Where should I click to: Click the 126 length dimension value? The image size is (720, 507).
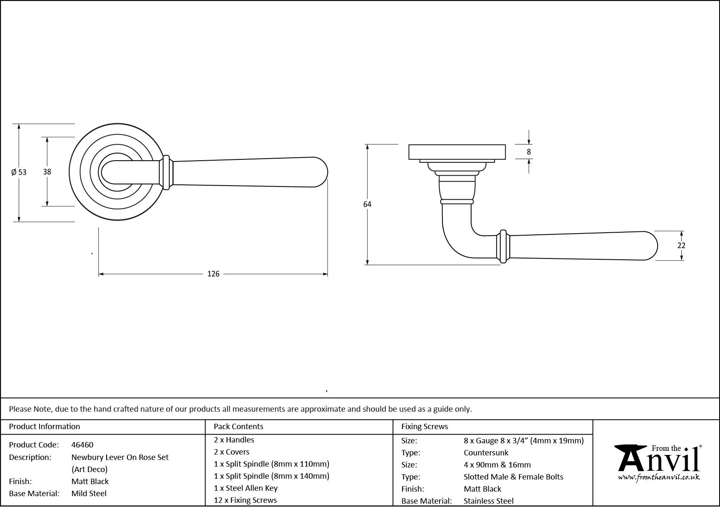tap(213, 274)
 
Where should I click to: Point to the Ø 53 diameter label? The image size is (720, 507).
tap(19, 172)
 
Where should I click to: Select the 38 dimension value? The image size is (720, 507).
tap(47, 171)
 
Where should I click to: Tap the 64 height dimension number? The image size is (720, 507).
tap(367, 204)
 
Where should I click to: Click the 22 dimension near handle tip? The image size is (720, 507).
tap(681, 246)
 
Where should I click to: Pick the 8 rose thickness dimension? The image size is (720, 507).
tap(529, 152)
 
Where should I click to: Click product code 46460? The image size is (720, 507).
tap(82, 445)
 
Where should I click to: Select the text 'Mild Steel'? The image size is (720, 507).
tap(89, 493)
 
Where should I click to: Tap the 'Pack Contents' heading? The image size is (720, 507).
tap(238, 426)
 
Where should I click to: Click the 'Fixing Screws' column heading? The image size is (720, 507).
tap(425, 426)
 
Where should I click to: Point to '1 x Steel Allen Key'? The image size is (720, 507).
tap(246, 488)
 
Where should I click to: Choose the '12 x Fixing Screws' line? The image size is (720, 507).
tap(245, 500)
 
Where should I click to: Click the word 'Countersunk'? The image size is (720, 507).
tap(486, 452)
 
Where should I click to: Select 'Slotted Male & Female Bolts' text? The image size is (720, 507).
tap(513, 477)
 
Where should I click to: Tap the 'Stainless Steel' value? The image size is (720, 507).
tap(489, 501)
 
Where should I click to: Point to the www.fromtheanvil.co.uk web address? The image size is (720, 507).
tap(659, 477)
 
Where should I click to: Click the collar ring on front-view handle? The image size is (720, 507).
tap(166, 172)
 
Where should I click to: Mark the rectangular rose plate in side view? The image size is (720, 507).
tap(457, 152)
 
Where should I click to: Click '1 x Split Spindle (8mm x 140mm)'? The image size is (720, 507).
tap(271, 476)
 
